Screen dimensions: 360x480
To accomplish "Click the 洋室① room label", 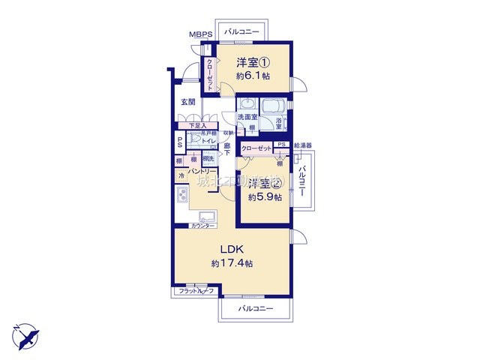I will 253,62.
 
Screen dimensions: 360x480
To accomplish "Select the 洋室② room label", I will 266,184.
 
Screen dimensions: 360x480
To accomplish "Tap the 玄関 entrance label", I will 188,102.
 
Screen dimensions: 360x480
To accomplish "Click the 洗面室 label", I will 247,118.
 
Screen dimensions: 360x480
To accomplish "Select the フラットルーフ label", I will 196,291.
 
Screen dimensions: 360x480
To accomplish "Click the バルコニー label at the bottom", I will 256,309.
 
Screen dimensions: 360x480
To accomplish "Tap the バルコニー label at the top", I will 241,31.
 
